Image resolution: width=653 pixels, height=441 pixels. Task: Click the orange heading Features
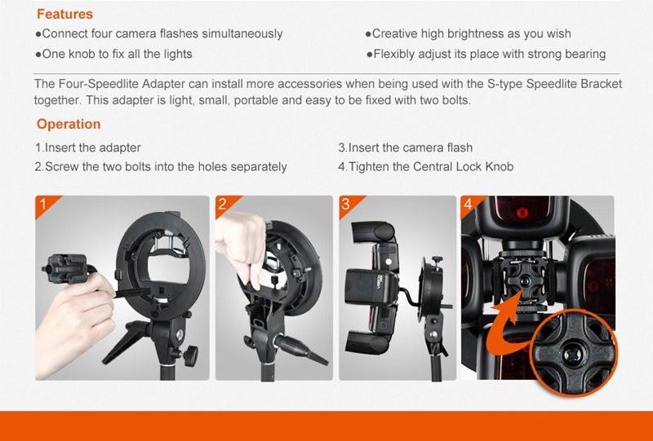pyautogui.click(x=64, y=14)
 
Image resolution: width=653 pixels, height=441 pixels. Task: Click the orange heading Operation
pyautogui.click(x=69, y=124)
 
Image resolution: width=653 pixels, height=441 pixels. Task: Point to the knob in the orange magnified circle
pyautogui.click(x=573, y=354)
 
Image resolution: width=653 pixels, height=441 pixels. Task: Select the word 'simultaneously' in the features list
pyautogui.click(x=242, y=33)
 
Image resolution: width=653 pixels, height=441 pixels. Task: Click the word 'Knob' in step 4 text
pyautogui.click(x=500, y=167)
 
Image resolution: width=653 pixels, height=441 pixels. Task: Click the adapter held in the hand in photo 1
pyautogui.click(x=66, y=268)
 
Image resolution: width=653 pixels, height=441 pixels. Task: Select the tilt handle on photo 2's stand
pyautogui.click(x=300, y=349)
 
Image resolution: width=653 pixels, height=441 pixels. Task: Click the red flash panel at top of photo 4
pyautogui.click(x=522, y=211)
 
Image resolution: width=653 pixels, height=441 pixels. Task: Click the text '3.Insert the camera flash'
pyautogui.click(x=405, y=148)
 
